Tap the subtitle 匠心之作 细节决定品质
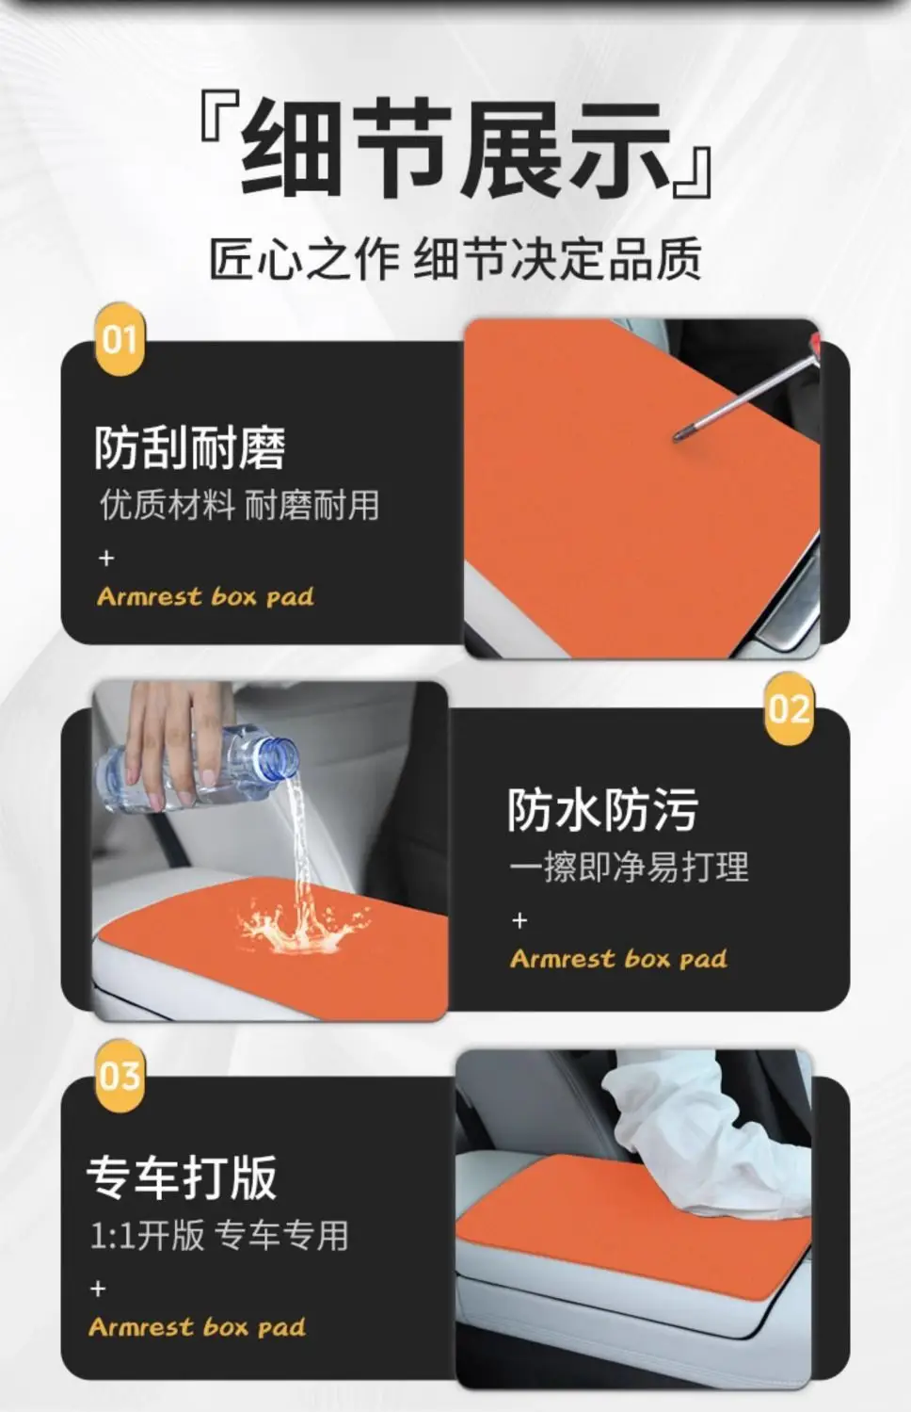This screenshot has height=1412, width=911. (455, 258)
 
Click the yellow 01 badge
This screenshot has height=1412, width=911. (120, 339)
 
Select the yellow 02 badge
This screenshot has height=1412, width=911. (789, 708)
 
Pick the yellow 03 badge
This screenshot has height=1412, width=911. (120, 1076)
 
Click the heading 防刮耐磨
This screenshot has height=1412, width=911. (190, 447)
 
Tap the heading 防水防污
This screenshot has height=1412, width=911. (602, 810)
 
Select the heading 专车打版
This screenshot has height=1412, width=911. (182, 1177)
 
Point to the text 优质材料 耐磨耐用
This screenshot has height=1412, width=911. (239, 506)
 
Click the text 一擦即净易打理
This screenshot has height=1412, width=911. (629, 867)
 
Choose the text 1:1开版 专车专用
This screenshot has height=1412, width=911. (219, 1235)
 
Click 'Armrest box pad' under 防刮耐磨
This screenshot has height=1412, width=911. (205, 596)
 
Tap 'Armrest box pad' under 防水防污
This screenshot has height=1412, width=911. (618, 959)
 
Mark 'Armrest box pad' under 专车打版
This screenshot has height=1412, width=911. (197, 1327)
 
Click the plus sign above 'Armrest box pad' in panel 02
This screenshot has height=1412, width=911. (519, 921)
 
